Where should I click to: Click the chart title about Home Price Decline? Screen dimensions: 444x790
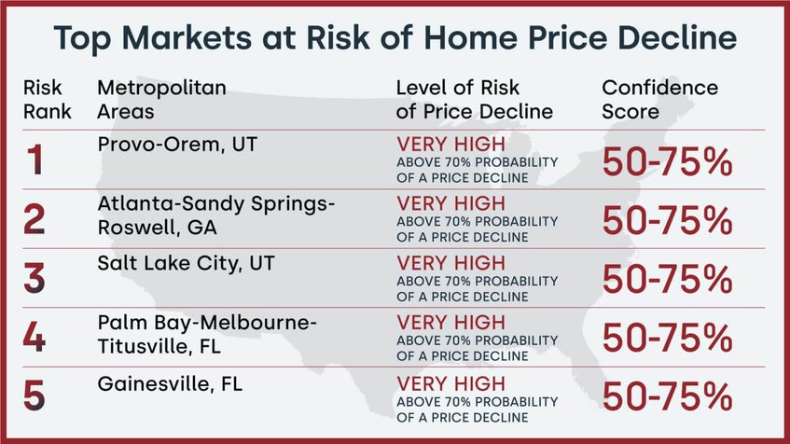click(395, 38)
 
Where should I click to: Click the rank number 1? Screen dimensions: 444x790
click(35, 161)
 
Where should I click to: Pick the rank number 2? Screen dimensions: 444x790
click(35, 220)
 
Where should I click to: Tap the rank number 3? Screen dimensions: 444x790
click(35, 278)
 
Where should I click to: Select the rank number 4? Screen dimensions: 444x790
click(35, 337)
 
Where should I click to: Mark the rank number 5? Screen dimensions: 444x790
click(35, 395)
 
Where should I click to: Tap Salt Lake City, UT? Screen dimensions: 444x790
click(173, 263)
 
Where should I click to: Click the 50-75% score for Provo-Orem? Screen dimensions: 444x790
click(667, 162)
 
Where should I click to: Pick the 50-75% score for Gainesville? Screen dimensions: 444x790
click(667, 396)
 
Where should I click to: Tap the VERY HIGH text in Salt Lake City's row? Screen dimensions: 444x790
click(451, 263)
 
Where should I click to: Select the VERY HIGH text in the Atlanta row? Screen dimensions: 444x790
click(451, 203)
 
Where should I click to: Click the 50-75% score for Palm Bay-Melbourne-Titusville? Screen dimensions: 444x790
click(667, 338)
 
